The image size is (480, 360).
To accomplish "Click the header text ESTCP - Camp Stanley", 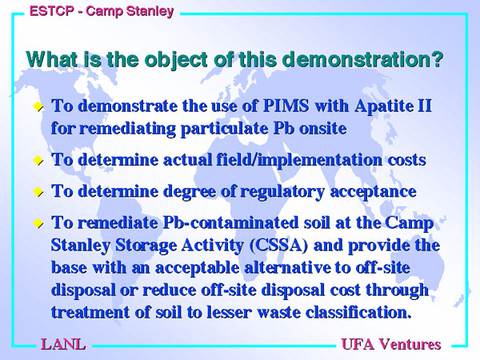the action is click(102, 11).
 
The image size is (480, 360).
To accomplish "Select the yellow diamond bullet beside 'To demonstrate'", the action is click(38, 107).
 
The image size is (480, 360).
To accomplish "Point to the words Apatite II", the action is click(393, 106).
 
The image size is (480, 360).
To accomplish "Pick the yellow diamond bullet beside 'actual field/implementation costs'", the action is click(38, 160).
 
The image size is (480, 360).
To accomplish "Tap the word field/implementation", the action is click(299, 160).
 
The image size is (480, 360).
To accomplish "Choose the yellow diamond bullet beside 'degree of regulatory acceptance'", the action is click(38, 192).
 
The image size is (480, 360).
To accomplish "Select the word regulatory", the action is click(282, 192).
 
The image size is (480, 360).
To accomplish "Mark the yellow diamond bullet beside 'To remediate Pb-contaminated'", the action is click(38, 223).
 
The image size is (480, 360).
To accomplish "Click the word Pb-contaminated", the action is click(230, 222).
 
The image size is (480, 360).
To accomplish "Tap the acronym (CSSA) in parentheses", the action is click(278, 246).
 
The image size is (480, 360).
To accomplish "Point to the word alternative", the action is click(287, 268).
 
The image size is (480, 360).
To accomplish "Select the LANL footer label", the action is click(63, 344).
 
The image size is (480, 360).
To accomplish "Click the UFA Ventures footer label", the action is click(391, 344).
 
